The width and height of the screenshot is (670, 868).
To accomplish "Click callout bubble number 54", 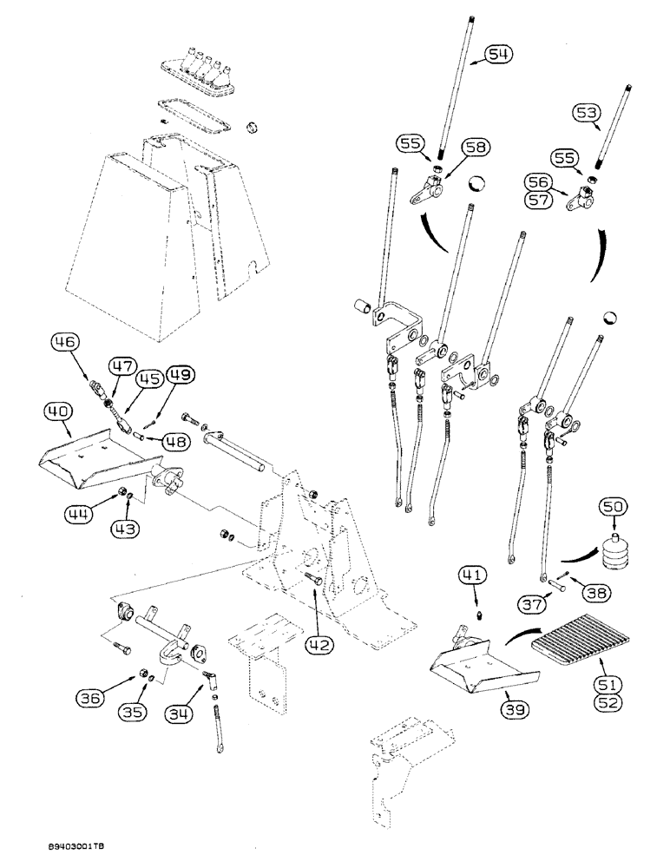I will pos(497,55).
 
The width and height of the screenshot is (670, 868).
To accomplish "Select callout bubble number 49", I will pos(180,375).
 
